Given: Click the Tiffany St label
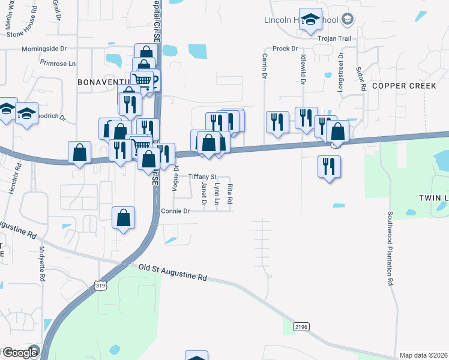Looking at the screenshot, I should pos(202,176).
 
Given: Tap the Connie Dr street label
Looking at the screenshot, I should pos(175,211).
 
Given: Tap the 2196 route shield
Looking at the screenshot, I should pos(301,326).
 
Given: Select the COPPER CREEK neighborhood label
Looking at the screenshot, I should pos(403,86).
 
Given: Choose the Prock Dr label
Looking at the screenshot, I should pos(285,49).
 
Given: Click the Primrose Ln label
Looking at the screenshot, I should pos(58,62).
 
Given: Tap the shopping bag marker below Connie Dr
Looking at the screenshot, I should pos(123,218).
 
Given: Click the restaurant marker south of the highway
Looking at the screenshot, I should pos(329,166).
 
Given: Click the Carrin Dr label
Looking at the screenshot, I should pos(264,66).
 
